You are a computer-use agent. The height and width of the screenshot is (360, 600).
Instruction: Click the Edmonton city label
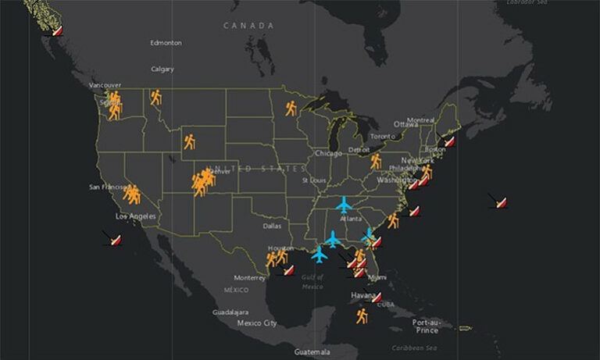coord(166,42)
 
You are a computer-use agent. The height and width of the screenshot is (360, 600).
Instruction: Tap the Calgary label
coord(162,69)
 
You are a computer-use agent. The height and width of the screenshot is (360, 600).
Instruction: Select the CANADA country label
coord(249,26)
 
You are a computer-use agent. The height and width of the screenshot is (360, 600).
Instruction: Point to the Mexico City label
coord(257,323)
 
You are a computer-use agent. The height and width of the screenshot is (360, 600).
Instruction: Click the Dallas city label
coord(273,226)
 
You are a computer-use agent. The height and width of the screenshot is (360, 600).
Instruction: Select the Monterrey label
coord(251,278)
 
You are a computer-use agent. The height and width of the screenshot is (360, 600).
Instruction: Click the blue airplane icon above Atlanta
coord(344,205)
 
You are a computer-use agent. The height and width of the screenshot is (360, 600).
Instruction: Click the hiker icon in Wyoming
coord(190,141)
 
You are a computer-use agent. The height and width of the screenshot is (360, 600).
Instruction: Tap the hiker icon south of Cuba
coord(362,315)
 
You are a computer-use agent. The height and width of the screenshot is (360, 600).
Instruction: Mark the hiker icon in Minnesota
coord(291,108)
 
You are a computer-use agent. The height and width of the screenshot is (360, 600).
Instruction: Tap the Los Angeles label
coord(136,216)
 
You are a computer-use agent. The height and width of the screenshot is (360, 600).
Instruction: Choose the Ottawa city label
coord(405,124)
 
